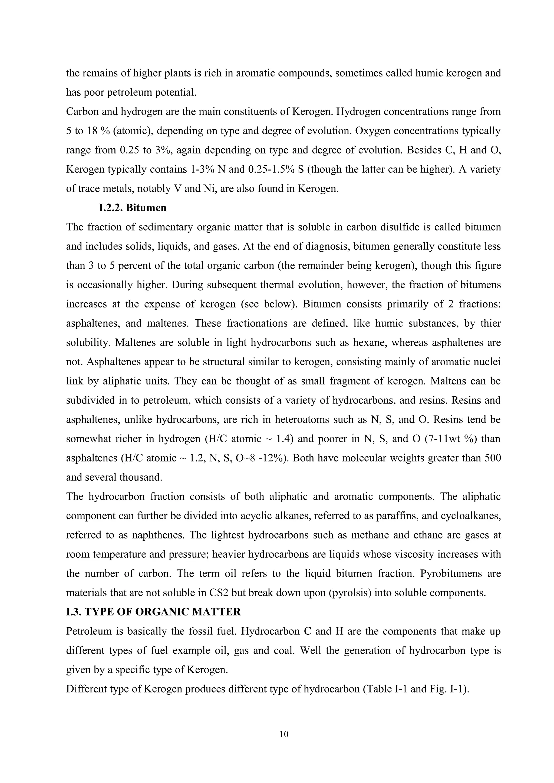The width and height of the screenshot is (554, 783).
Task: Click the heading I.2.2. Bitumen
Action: tap(133, 208)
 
